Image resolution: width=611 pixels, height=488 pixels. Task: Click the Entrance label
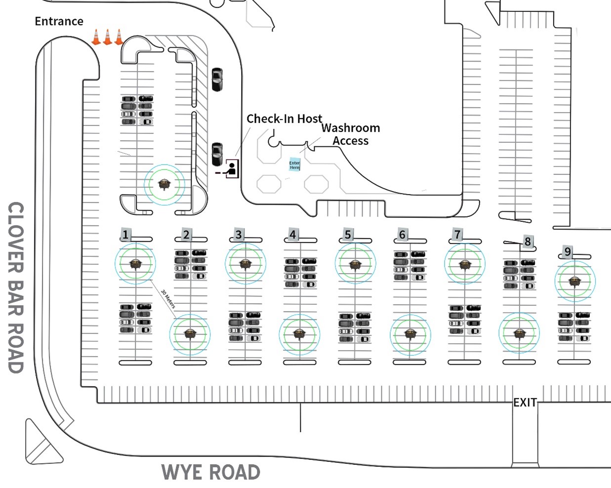[59, 21]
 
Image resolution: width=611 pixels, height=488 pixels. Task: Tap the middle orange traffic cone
[107, 37]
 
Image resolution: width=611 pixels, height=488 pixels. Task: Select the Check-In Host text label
[284, 119]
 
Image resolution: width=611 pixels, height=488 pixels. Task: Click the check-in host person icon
[231, 169]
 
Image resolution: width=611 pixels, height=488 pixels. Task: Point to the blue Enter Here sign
[294, 164]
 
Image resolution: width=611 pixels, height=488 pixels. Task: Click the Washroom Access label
[351, 134]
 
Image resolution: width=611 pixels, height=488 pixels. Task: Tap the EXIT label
[525, 403]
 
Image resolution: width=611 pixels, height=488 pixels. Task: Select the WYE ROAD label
[211, 472]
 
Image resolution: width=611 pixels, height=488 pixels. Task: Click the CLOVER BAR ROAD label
[16, 287]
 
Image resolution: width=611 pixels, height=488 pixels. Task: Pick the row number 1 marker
[125, 235]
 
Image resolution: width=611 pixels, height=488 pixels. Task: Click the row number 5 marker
[348, 235]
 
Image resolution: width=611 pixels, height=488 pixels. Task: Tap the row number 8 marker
[528, 242]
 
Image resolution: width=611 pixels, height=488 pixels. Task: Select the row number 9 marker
[568, 252]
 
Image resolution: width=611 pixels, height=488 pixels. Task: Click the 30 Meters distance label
[168, 299]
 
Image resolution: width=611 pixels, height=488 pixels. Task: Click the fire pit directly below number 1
[135, 264]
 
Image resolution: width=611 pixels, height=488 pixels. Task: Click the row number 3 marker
[239, 235]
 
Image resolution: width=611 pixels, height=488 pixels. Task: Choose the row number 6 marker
[403, 235]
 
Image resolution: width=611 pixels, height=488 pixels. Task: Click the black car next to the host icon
[217, 154]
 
